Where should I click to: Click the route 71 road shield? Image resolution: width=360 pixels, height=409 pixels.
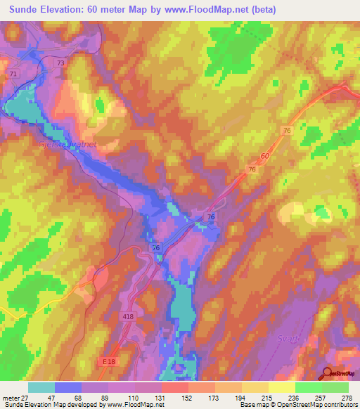pyautogui.click(x=13, y=73)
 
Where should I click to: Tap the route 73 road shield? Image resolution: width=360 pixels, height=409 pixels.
pyautogui.click(x=60, y=63)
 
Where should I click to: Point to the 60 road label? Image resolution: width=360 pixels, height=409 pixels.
pyautogui.click(x=264, y=156)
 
